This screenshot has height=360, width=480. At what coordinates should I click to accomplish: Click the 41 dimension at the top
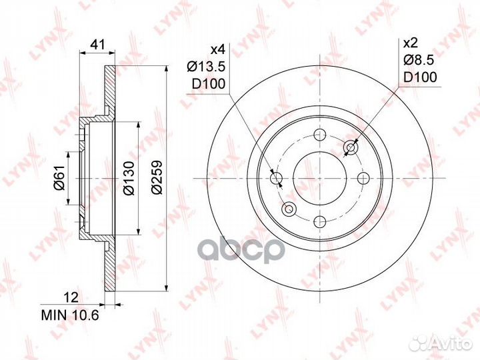(x=98, y=45)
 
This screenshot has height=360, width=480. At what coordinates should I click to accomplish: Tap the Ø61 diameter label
(x=60, y=177)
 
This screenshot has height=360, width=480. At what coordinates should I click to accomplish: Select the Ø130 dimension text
(x=129, y=178)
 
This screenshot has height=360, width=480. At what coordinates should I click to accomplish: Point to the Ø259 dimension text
(x=157, y=177)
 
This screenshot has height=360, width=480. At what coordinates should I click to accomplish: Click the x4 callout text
(x=218, y=49)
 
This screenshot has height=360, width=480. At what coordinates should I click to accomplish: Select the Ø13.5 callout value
(x=206, y=66)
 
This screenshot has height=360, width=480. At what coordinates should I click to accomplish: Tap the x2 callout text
(x=411, y=43)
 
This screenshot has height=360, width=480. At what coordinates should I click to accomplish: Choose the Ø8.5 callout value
(x=419, y=60)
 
